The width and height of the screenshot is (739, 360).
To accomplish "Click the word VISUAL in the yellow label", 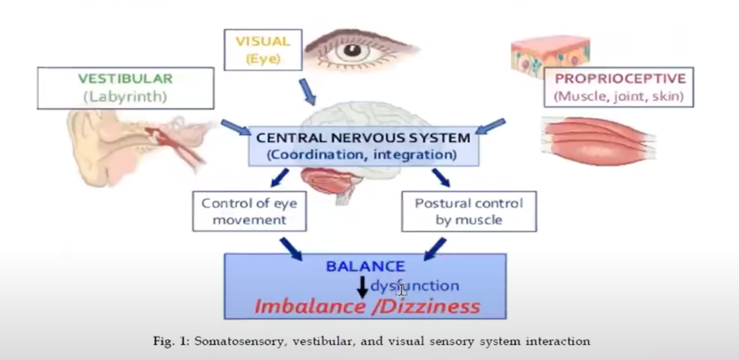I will coord(263,41).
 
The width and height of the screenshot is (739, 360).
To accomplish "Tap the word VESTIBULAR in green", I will coord(125,79).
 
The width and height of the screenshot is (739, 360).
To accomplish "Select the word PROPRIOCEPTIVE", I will coord(620,79).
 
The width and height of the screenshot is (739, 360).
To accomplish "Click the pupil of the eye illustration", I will coord(352,50).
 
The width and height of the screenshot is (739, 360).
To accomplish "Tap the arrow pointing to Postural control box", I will coord(441,178).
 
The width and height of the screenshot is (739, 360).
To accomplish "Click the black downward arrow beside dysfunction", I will coord(362,287).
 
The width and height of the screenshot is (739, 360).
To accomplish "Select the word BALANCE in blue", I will coord(365,266).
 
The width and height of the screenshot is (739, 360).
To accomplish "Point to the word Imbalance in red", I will coord(310,307).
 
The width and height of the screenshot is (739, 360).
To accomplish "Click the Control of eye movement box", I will coord(249,211).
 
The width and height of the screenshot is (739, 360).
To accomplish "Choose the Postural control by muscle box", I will coord(469,211).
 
